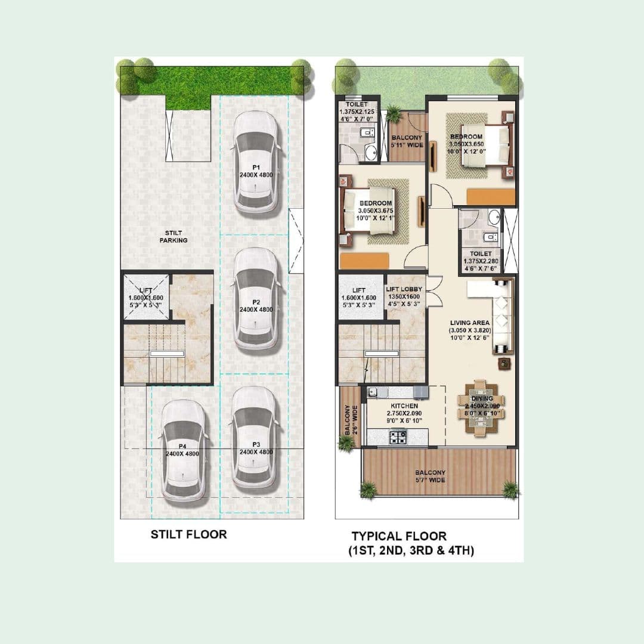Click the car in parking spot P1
tap(256, 162)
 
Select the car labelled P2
tap(256, 300)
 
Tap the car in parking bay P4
tap(183, 449)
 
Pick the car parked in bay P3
tap(256, 439)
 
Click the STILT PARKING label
tap(174, 237)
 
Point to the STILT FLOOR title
tap(188, 534)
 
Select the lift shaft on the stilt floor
tap(146, 297)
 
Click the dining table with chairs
tap(482, 407)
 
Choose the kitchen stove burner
tap(398, 438)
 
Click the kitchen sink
tap(376, 392)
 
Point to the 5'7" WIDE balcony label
tap(430, 476)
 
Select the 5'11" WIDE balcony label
tap(407, 141)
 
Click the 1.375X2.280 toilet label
tap(480, 257)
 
